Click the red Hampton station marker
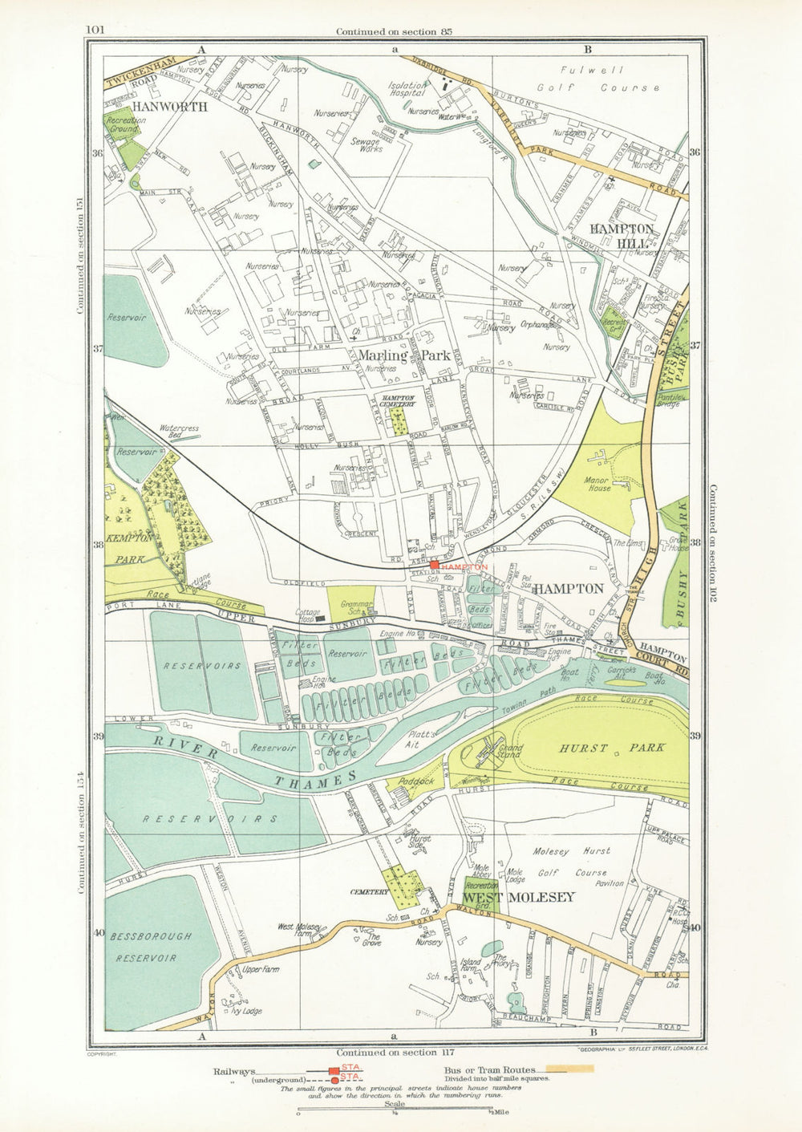pyautogui.click(x=434, y=566)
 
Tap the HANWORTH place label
pyautogui.click(x=169, y=106)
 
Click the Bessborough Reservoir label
pyautogui.click(x=152, y=947)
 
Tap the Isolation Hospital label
pyautogui.click(x=407, y=87)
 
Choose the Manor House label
pyautogui.click(x=593, y=482)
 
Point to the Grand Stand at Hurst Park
pyautogui.click(x=510, y=752)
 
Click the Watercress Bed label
pyautogui.click(x=179, y=432)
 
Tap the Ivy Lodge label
pyautogui.click(x=245, y=1012)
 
